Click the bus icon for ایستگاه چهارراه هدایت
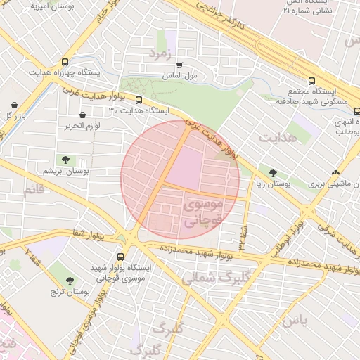pos(65,62)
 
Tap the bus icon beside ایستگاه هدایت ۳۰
pos(138,100)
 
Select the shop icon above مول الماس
pos(179,65)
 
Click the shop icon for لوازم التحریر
pos(83,115)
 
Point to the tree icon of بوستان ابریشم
pos(65,160)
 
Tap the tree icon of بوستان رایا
pos(273,173)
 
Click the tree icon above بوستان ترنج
pos(70,281)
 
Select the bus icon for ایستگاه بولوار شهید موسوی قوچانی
pos(120,257)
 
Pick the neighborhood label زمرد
pos(160,53)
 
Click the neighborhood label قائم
pos(33,191)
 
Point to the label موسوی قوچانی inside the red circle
pos(202,212)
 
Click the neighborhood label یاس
pos(294,321)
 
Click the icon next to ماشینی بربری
pos(335,172)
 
